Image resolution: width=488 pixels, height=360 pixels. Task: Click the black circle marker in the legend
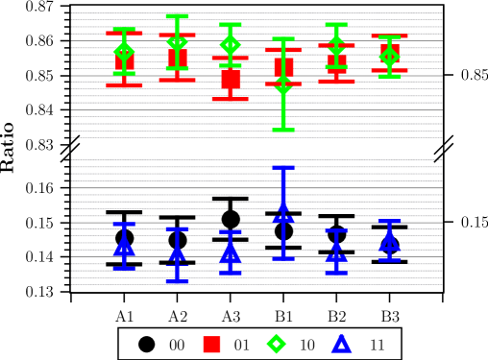coord(146,344)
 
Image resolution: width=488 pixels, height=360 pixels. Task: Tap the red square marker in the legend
coord(211,344)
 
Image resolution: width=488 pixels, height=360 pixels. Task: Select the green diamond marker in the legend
coord(277,344)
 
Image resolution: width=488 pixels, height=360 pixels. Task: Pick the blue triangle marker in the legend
coord(342,344)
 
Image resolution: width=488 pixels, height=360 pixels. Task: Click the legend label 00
coord(177,345)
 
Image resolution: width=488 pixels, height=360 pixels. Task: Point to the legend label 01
coord(242,345)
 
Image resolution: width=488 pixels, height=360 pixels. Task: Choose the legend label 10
coord(307,345)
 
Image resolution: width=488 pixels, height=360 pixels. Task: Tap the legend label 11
coord(378,345)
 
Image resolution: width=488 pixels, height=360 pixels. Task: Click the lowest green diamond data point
coord(283,86)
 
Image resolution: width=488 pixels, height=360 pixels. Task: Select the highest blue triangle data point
coord(283,208)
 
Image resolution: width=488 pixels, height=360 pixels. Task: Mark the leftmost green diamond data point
coord(124,51)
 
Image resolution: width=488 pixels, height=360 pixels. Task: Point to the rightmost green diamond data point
coord(389,57)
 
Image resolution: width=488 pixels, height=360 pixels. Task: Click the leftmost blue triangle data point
coord(124,246)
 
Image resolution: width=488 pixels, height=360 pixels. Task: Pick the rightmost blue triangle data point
coord(389,237)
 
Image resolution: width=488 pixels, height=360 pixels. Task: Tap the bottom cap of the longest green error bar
coord(283,129)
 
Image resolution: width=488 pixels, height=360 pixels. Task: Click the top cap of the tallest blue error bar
coord(283,168)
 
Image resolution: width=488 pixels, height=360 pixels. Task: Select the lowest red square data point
coord(231,79)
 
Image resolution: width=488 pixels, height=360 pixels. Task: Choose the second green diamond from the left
coord(177,42)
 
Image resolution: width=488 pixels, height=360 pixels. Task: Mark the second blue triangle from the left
coord(177,252)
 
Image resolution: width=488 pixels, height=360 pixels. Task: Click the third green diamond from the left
coord(231,44)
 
